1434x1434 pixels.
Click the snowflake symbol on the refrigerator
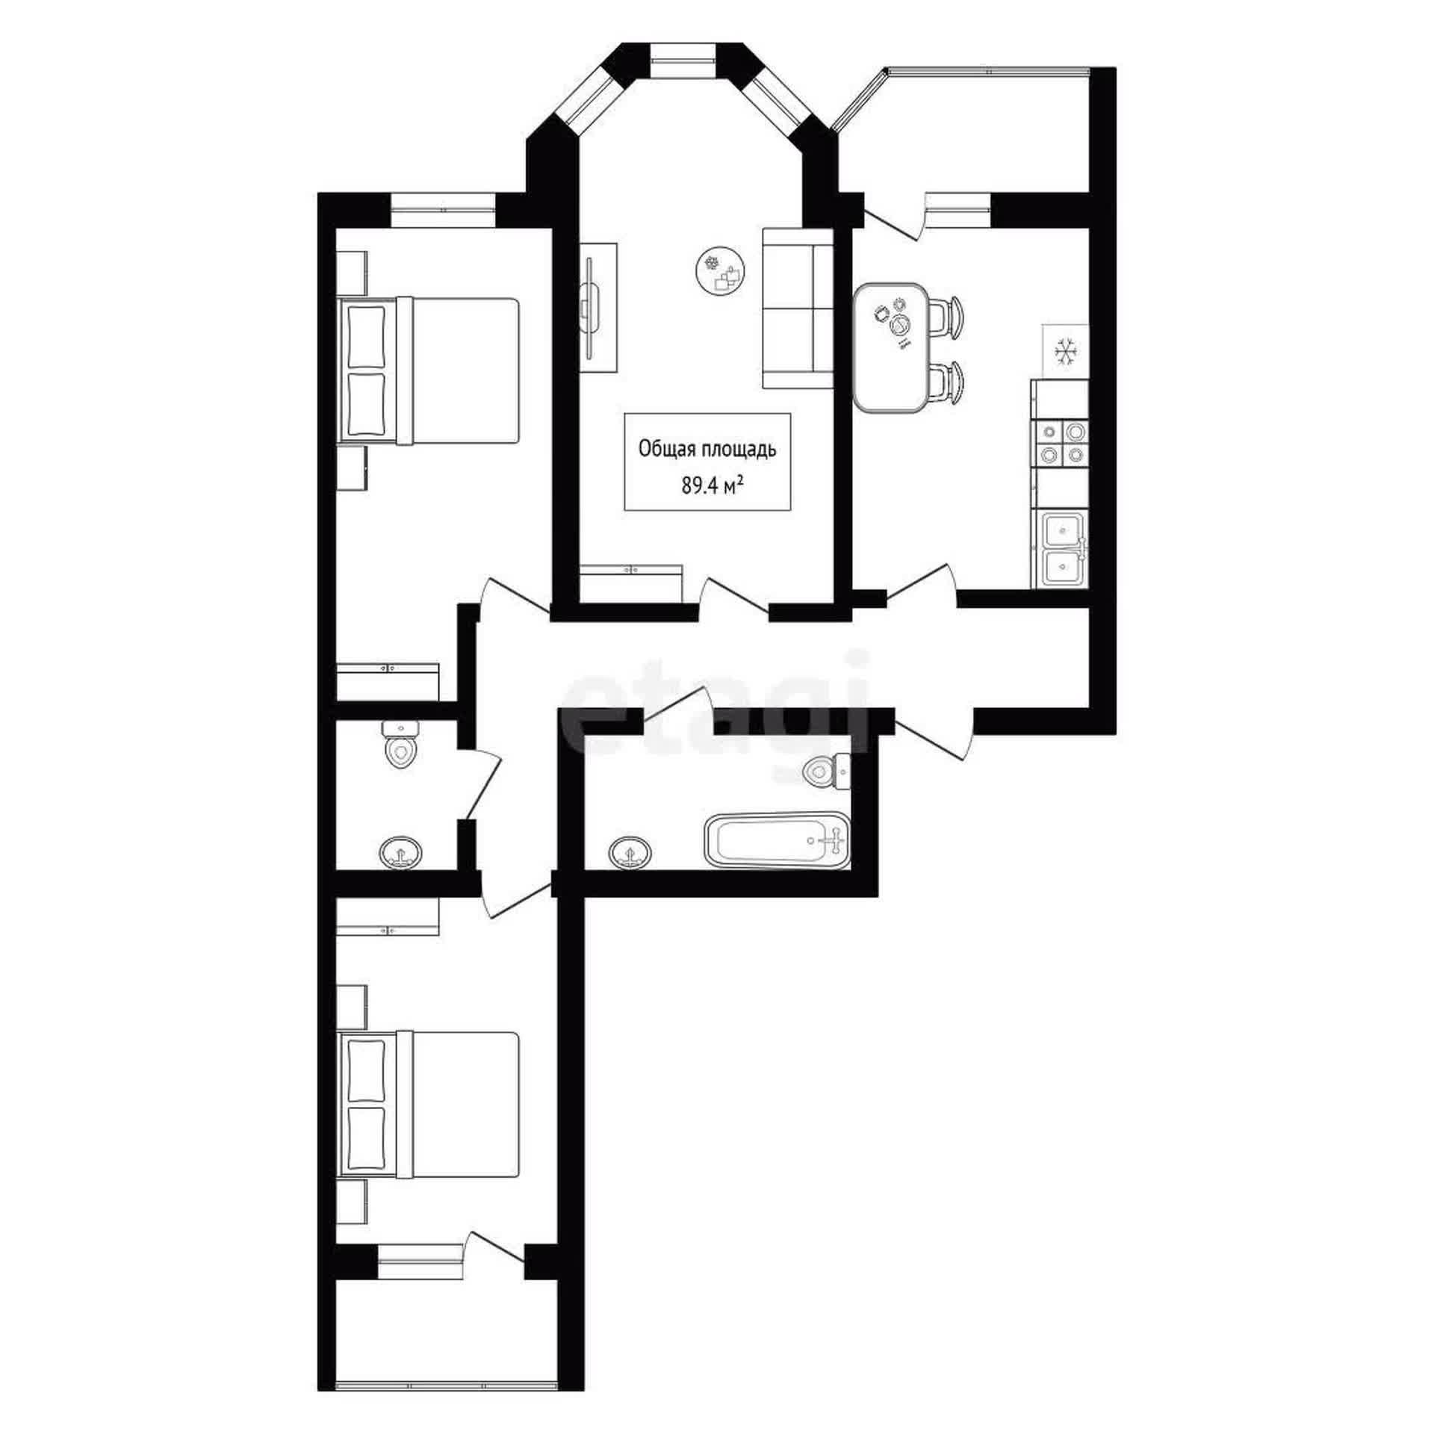(x=1064, y=350)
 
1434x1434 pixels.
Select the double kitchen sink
(x=1061, y=549)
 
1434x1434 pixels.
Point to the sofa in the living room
(x=798, y=308)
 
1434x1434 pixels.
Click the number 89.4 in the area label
(x=698, y=487)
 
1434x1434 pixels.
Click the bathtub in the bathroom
(x=777, y=840)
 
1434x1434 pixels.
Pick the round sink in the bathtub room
(x=630, y=851)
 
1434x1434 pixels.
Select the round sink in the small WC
(x=401, y=853)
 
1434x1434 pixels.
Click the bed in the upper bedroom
(x=429, y=371)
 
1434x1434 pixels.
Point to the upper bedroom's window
(x=444, y=210)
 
